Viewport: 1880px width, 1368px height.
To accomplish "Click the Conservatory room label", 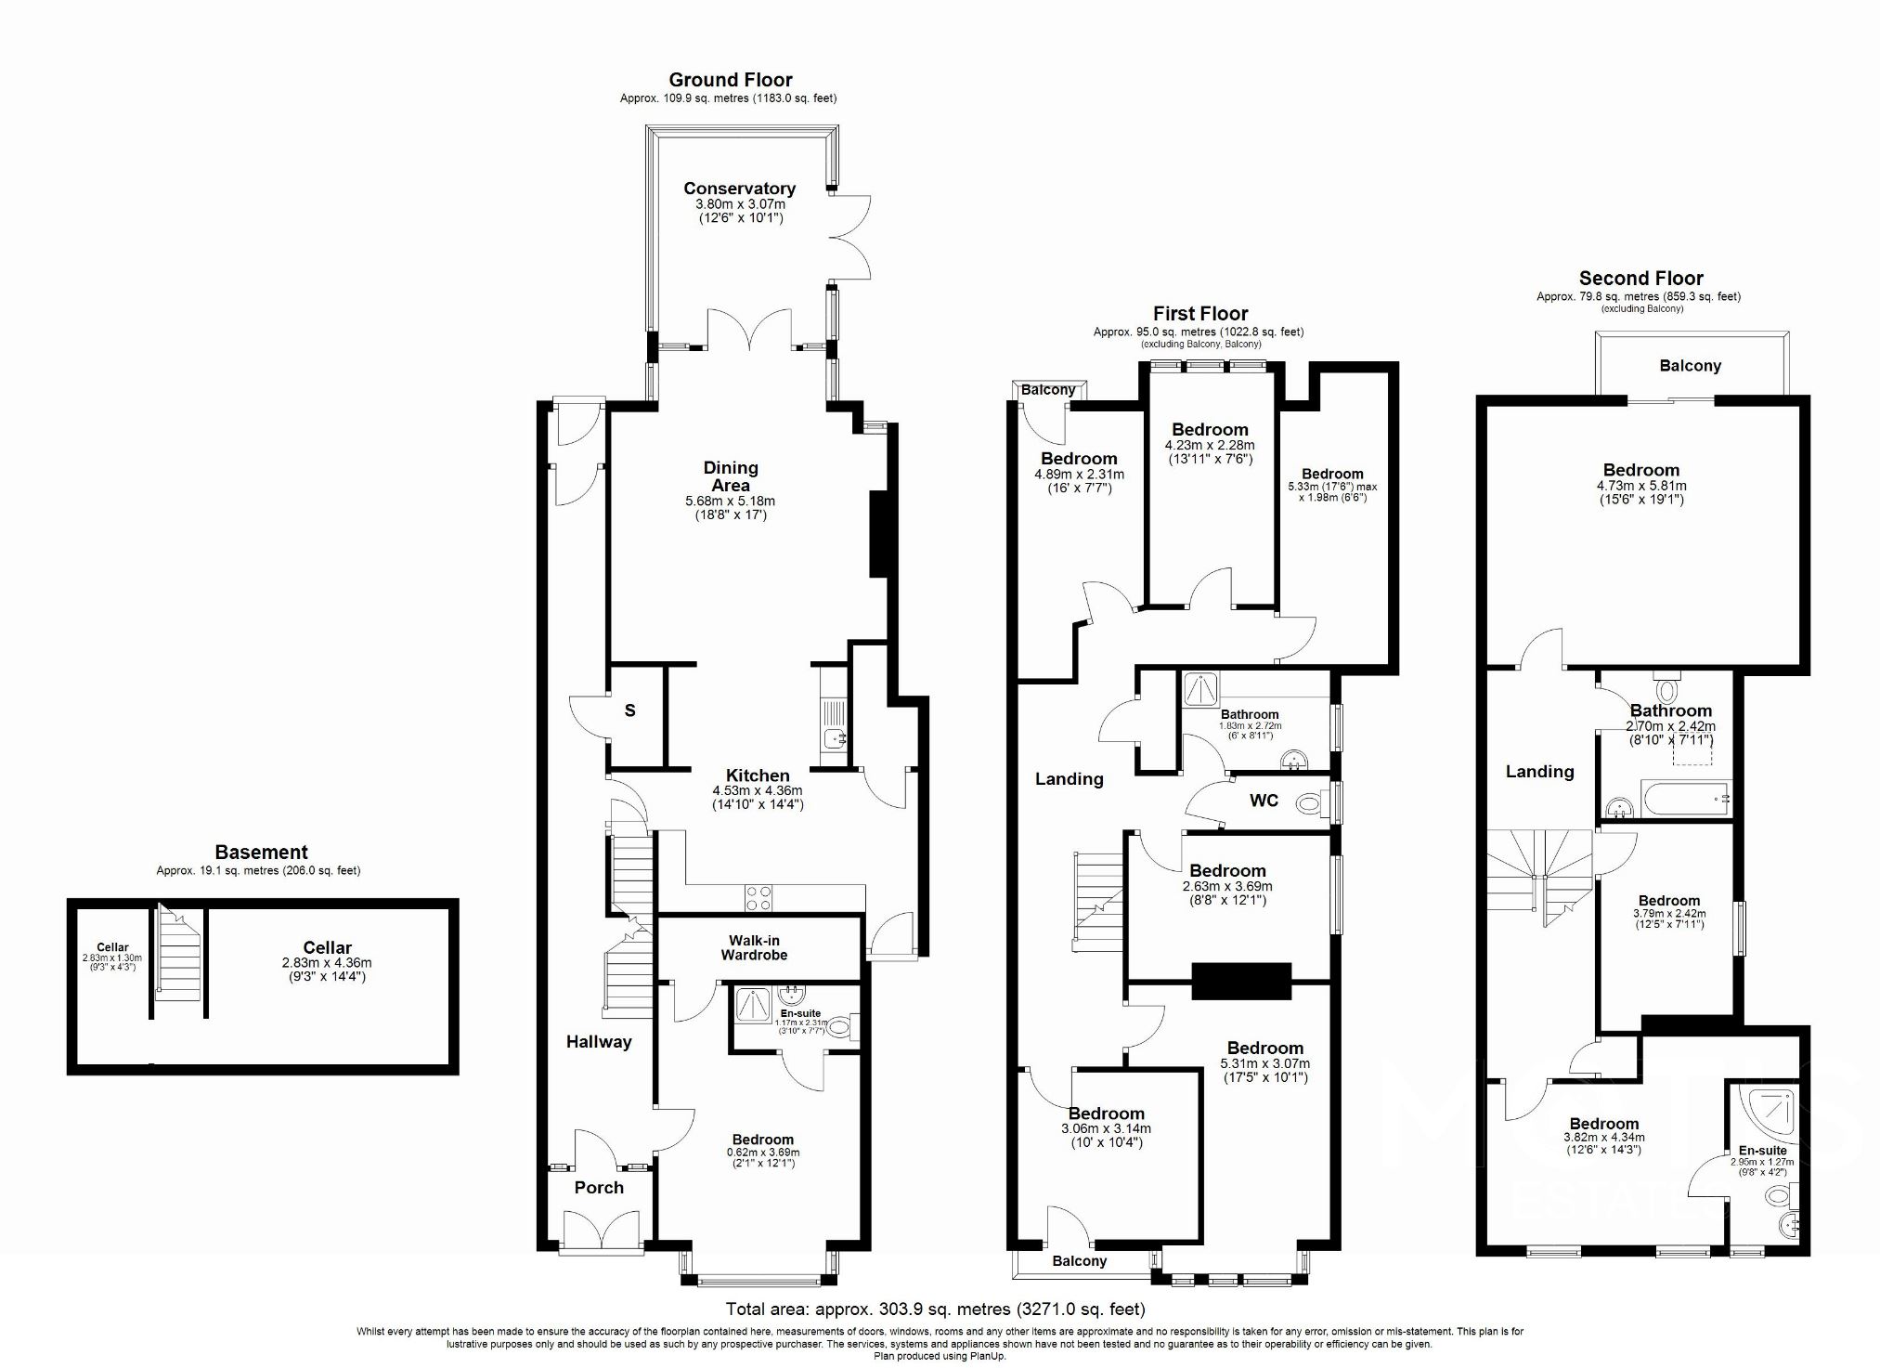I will tap(739, 189).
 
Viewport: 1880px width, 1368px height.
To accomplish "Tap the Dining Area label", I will tap(731, 476).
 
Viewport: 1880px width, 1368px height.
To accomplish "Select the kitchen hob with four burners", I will tap(758, 898).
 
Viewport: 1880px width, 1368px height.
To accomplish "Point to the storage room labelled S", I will tap(630, 711).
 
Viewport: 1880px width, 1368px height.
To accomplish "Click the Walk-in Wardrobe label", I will tap(754, 947).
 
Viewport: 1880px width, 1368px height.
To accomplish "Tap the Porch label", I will tap(599, 1188).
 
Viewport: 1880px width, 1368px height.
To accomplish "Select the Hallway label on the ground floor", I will tap(599, 1042).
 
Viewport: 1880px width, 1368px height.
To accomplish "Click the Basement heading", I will tap(261, 852).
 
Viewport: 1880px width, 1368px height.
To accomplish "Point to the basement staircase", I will tap(179, 957).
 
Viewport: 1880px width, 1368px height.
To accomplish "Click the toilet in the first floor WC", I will tap(1310, 801).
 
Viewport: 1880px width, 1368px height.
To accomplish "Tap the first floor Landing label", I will tap(1069, 779).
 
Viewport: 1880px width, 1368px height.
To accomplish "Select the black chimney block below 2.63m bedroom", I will tap(1241, 981).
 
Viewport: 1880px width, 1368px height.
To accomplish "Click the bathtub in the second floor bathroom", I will tap(1683, 800).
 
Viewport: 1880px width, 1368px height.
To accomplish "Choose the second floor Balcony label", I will tap(1690, 366).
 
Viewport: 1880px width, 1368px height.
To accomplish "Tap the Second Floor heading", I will tap(1640, 279).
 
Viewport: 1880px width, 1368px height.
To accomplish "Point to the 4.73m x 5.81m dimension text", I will tap(1640, 486).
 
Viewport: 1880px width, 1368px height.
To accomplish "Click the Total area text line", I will tap(935, 1309).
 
